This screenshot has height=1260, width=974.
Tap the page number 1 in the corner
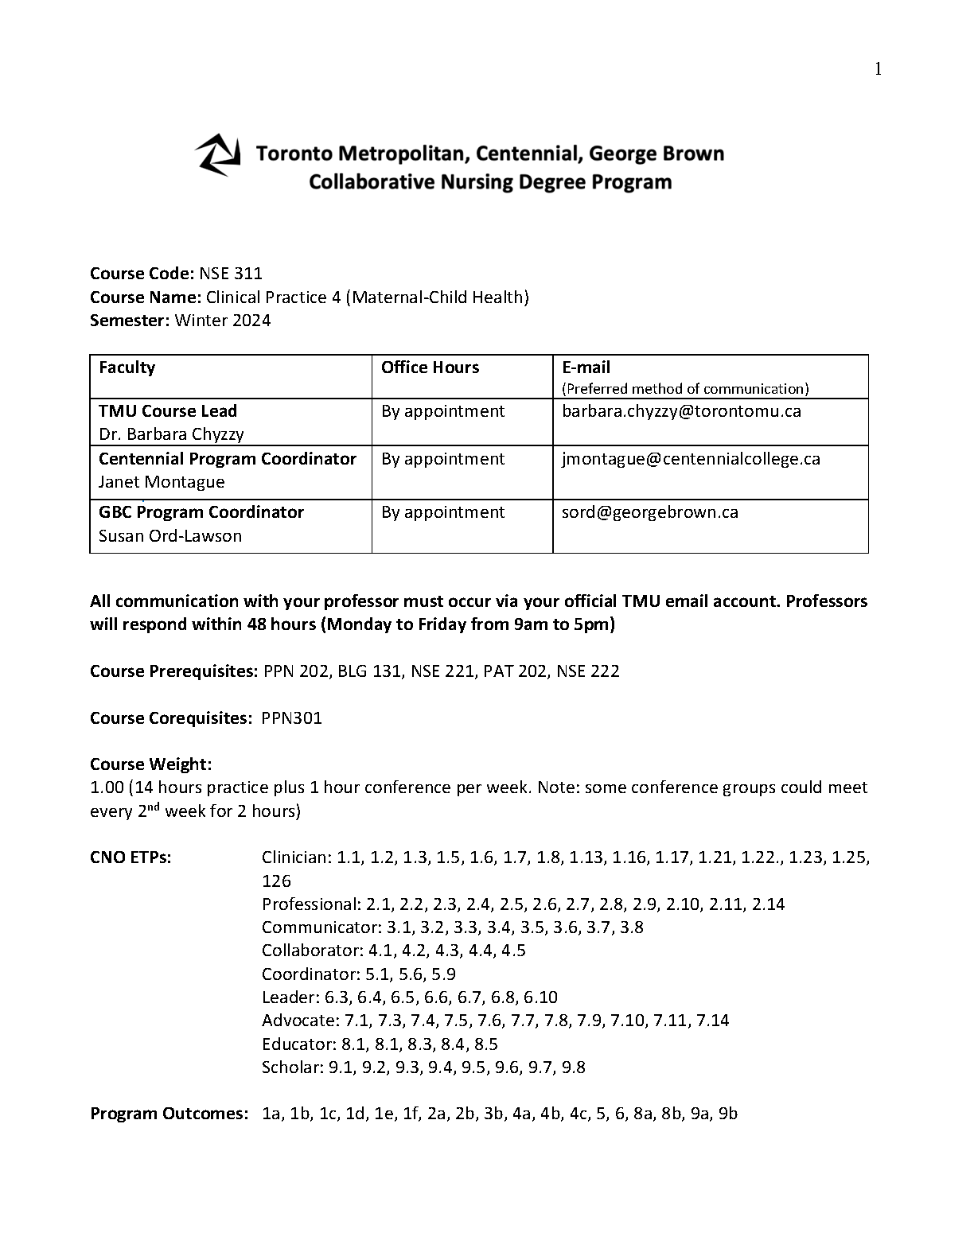point(878,70)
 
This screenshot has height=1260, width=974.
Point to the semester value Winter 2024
point(223,321)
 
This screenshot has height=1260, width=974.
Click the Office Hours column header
point(430,367)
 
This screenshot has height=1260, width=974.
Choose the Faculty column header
point(127,367)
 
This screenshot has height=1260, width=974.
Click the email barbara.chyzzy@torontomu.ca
point(681,411)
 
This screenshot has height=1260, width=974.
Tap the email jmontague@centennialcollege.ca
point(691,459)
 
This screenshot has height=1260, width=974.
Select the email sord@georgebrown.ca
point(650,512)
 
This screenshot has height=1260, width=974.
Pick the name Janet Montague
point(162,482)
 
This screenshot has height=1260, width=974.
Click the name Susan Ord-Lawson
point(170,536)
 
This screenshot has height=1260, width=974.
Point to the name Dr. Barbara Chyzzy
point(171,434)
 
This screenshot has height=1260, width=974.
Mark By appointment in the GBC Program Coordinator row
point(442,512)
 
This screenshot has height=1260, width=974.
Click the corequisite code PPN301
point(291,718)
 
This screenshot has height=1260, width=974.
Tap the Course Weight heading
point(151,764)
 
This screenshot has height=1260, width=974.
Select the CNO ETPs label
point(131,857)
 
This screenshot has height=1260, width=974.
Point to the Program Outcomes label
point(169,1114)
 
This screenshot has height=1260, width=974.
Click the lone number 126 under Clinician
point(276,881)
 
